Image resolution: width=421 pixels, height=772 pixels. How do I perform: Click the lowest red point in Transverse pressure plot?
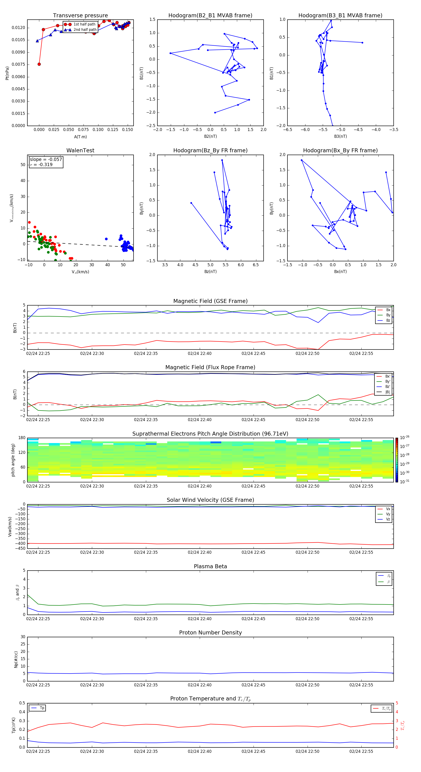tap(39, 64)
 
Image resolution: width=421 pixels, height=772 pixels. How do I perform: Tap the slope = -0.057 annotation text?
tap(46, 160)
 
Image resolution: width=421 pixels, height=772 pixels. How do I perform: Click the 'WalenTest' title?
tap(80, 150)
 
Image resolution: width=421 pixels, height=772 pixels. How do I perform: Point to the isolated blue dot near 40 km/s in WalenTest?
tap(106, 239)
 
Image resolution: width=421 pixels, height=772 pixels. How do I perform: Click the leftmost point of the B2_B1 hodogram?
tap(171, 53)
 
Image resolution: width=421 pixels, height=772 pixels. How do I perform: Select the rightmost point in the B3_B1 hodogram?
tap(362, 43)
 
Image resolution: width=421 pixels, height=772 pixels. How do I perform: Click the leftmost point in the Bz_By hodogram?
tap(191, 203)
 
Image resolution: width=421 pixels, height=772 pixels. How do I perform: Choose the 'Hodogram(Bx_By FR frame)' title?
tap(340, 150)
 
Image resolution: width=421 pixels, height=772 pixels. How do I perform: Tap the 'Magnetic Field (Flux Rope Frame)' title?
tap(210, 368)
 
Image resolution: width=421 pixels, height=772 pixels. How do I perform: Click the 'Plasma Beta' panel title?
tap(210, 566)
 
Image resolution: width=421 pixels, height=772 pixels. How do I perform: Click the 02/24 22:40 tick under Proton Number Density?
tap(200, 685)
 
